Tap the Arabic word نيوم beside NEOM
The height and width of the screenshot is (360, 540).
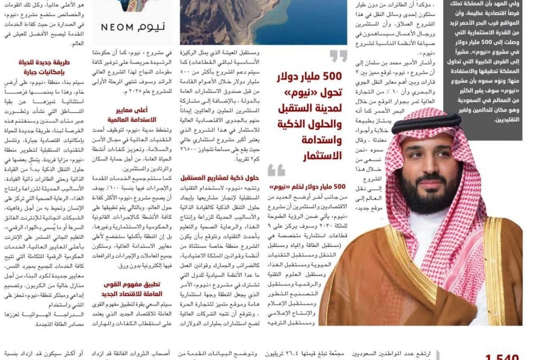(x=152, y=27)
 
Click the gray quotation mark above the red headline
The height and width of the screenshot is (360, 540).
(x=338, y=56)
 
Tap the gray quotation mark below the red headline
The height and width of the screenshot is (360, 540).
(x=276, y=170)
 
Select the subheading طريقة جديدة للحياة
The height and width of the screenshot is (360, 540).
(x=43, y=63)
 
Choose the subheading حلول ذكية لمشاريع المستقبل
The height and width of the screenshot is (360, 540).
(x=219, y=177)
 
